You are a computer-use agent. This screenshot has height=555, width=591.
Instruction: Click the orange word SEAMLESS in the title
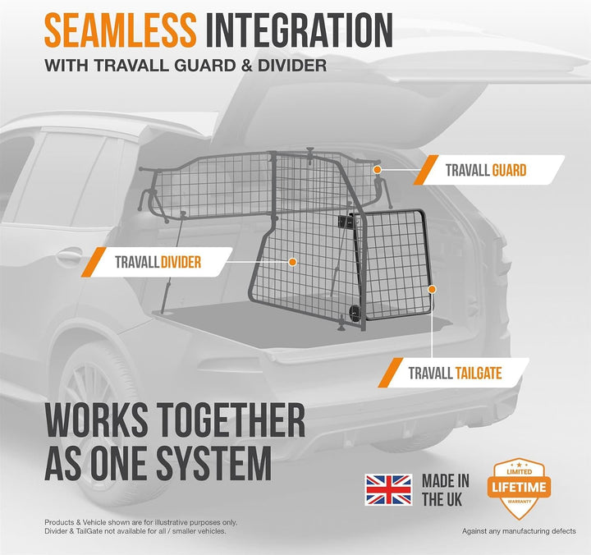click(x=120, y=30)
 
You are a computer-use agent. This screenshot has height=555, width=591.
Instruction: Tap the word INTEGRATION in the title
click(x=300, y=30)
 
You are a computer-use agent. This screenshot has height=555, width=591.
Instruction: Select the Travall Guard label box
click(x=489, y=170)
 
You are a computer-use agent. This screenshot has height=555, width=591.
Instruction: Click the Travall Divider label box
click(x=157, y=262)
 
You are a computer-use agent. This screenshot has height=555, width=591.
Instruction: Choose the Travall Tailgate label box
click(x=453, y=373)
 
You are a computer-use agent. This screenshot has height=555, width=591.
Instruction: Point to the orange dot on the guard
click(x=378, y=170)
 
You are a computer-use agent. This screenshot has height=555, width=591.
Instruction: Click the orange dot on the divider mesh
click(x=292, y=262)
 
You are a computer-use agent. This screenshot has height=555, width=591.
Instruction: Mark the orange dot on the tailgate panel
click(x=432, y=289)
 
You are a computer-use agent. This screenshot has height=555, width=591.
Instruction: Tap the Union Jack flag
click(x=388, y=490)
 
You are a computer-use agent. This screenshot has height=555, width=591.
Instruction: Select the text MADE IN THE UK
click(x=446, y=490)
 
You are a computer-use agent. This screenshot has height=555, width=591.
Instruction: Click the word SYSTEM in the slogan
click(x=214, y=462)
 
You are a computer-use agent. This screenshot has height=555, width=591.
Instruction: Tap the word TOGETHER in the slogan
click(x=230, y=420)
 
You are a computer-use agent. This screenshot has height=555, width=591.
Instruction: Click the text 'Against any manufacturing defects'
click(x=519, y=531)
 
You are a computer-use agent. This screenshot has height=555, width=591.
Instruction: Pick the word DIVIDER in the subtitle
click(x=292, y=65)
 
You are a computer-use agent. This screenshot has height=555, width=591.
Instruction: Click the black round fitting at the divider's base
click(x=355, y=313)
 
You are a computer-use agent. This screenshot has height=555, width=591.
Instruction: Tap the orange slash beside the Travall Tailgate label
click(x=390, y=373)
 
